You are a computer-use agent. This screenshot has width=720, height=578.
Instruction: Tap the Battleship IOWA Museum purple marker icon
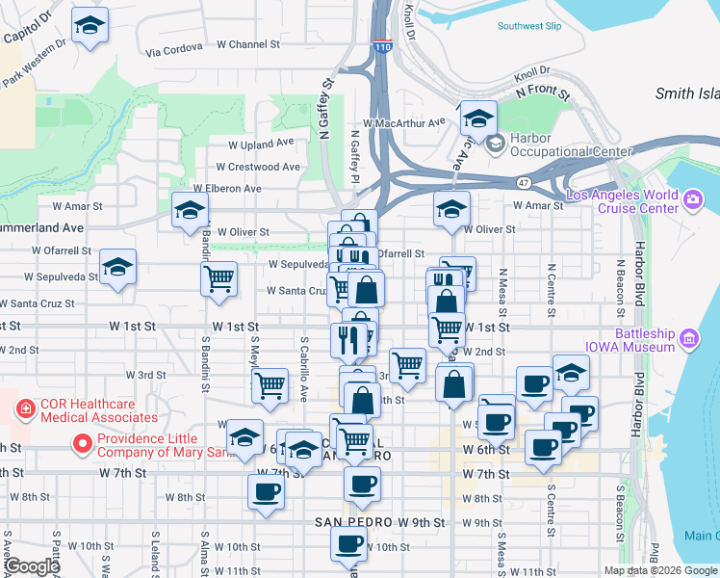pyautogui.click(x=688, y=338)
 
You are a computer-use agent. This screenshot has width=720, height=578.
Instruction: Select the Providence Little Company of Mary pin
pyautogui.click(x=82, y=445)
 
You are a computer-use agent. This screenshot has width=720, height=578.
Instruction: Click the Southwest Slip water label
pyautogui.click(x=529, y=26)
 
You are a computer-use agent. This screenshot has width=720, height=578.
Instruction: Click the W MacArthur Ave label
pyautogui.click(x=403, y=122)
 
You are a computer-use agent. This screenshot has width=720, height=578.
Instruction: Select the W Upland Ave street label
pyautogui.click(x=261, y=143)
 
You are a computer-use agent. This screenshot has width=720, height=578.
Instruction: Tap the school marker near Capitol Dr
pyautogui.click(x=90, y=26)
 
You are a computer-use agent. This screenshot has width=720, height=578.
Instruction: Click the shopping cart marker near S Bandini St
pyautogui.click(x=219, y=277)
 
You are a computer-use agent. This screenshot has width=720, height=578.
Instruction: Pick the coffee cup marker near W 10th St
pyautogui.click(x=348, y=541)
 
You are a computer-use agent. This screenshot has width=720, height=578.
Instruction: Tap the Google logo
pyautogui.click(x=31, y=567)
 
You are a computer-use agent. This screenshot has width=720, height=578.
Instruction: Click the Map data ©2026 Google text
pyautogui.click(x=660, y=570)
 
